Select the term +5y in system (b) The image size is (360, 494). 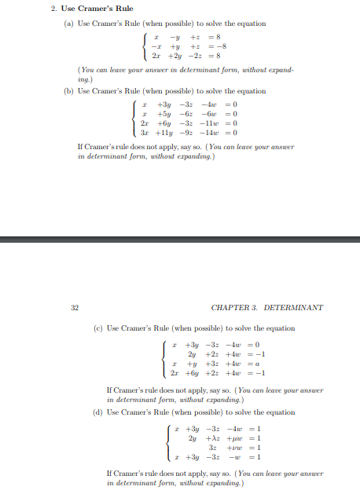pos(166,114)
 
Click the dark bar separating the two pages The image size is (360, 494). pos(180,240)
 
